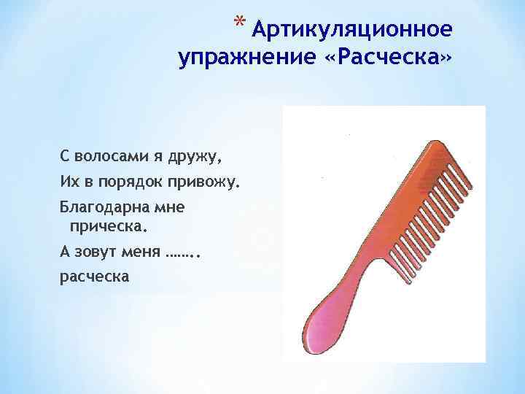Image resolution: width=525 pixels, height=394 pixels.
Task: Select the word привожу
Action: coord(201,180)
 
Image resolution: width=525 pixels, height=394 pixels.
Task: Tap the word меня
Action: coord(141,251)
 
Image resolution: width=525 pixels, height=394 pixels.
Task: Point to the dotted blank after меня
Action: coord(179,253)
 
